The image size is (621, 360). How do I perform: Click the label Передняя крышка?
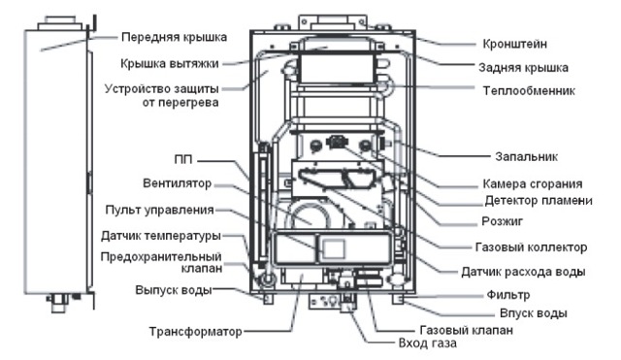click(174, 37)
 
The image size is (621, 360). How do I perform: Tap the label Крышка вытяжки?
click(170, 63)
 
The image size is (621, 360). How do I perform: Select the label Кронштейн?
click(515, 44)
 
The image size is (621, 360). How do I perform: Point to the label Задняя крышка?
click(524, 68)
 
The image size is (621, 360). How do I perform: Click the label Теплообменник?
click(529, 90)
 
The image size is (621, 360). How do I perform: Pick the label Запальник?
click(526, 156)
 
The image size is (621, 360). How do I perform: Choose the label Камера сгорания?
click(533, 183)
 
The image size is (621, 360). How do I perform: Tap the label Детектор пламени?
click(539, 201)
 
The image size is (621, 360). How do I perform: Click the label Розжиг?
click(503, 221)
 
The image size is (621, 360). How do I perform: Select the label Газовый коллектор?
click(531, 247)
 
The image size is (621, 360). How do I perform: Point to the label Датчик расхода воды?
click(523, 272)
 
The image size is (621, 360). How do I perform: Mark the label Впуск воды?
click(534, 313)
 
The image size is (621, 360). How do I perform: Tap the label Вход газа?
click(427, 343)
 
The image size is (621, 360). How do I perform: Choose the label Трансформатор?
click(195, 332)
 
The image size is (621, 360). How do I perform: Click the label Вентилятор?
click(177, 183)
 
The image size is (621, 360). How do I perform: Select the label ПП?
click(183, 159)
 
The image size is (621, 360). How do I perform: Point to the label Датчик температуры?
click(161, 236)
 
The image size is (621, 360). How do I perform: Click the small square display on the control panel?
click(334, 249)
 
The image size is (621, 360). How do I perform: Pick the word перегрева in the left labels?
click(180, 103)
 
